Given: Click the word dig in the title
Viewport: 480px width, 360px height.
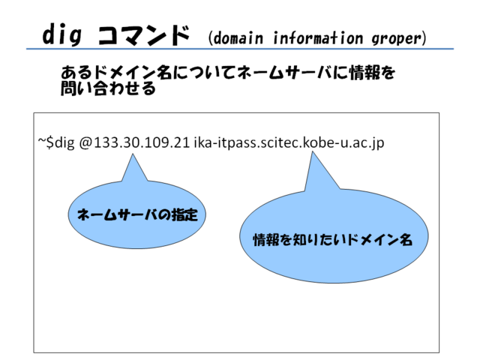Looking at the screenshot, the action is tap(62, 34).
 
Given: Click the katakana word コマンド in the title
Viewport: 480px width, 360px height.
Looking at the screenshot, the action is tap(143, 35).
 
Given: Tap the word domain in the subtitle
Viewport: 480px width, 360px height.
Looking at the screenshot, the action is tap(238, 38).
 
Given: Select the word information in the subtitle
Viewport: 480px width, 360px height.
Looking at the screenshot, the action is tap(318, 38).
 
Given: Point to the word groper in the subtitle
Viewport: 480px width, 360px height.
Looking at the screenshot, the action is tap(397, 39).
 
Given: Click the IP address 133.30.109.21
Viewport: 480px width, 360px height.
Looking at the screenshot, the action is tap(142, 142).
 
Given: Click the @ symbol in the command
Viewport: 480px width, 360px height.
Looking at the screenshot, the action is tap(85, 143).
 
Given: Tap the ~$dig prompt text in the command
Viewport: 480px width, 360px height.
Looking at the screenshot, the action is tap(56, 143).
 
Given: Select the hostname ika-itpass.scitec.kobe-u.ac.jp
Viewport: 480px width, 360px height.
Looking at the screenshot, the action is tap(289, 143).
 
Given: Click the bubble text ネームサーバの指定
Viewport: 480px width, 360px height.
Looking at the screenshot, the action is tap(137, 214).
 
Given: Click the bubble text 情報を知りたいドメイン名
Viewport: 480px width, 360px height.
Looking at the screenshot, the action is tap(333, 239).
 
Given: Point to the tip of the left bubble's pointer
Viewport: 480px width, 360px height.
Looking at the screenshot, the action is tap(133, 154).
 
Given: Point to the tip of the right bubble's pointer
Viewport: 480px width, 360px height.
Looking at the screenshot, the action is tap(312, 151).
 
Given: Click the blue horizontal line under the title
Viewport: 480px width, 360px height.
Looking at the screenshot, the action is tap(240, 49).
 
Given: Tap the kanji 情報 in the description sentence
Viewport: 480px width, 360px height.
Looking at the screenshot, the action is tap(365, 73).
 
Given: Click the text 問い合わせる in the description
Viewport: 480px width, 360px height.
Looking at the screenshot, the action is tap(108, 88).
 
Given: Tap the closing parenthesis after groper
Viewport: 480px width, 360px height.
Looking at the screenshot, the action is tap(424, 38).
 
